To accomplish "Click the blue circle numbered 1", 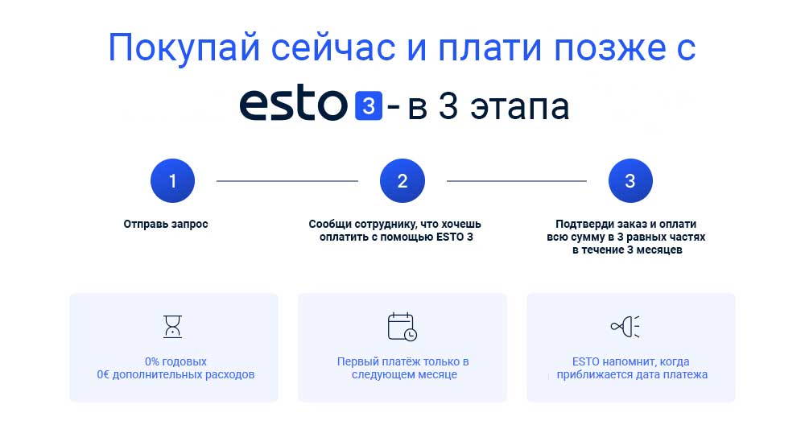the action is [x=172, y=181].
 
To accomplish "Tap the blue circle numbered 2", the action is [x=402, y=181].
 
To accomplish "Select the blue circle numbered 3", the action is [x=630, y=181].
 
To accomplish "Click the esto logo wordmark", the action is [x=294, y=105].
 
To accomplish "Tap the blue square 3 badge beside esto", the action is [x=369, y=105].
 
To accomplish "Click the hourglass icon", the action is [x=172, y=326].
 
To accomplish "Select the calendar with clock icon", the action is [x=402, y=327].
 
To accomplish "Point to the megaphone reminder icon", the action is [x=625, y=326].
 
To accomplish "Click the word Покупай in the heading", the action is [x=184, y=48].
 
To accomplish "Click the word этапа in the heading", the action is [x=520, y=107].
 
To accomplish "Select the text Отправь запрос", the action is [x=166, y=224].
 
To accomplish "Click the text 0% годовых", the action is [x=175, y=361].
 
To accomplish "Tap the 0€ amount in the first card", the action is [x=103, y=374].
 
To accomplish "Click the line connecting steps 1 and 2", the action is [x=287, y=181].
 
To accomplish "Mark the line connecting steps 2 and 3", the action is [x=517, y=181].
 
